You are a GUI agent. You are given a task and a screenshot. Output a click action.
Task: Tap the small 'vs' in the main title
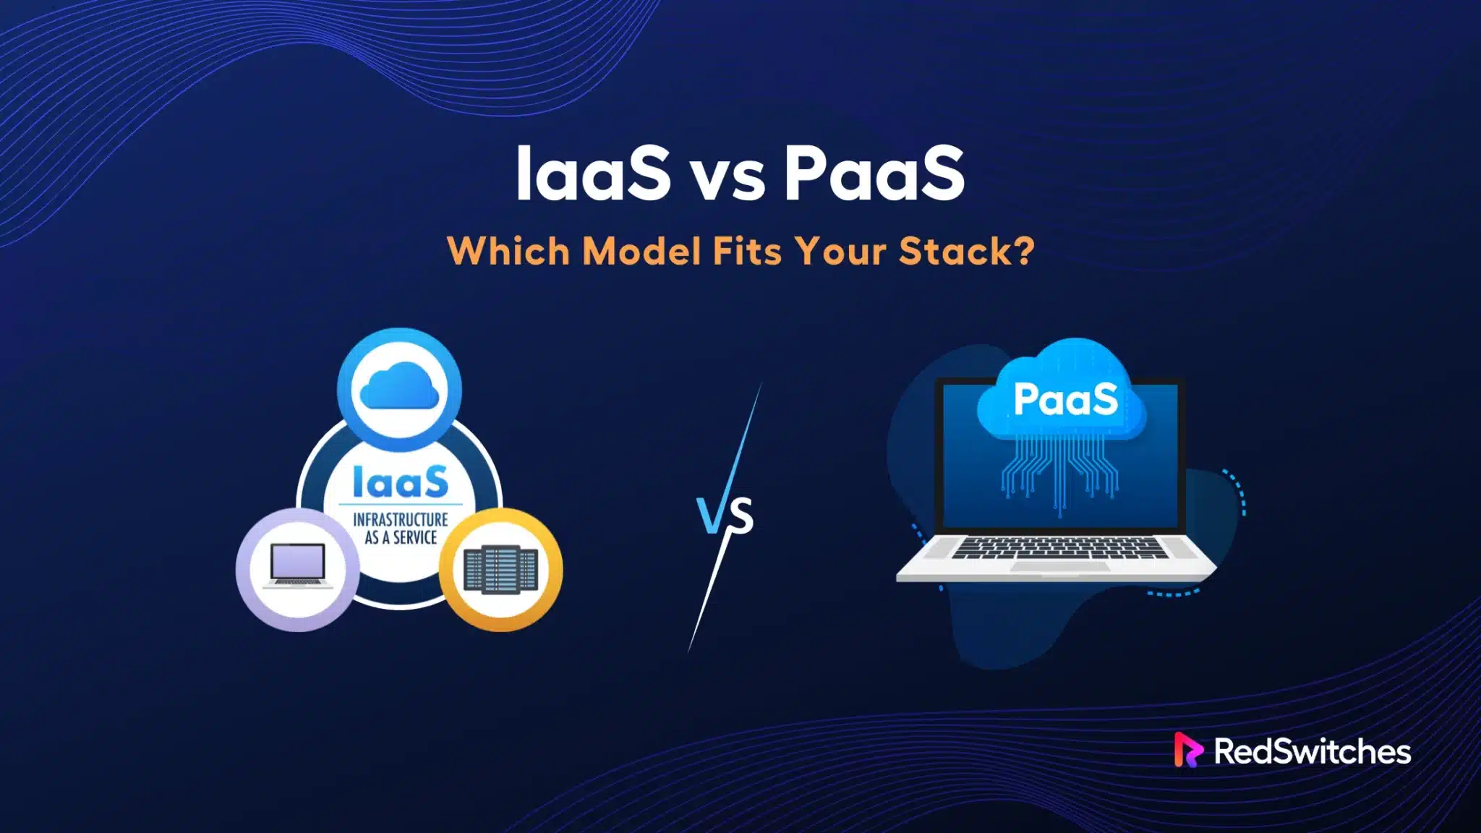pos(727,181)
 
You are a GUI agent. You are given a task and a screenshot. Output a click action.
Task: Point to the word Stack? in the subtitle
pos(966,252)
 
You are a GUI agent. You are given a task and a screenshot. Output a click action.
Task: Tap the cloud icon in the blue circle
pos(399,390)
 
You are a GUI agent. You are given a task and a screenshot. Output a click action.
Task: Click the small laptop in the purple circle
pos(297,566)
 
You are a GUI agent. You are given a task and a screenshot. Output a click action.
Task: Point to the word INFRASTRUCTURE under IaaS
pos(401,520)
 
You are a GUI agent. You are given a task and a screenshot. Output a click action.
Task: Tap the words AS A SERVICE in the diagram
pos(401,537)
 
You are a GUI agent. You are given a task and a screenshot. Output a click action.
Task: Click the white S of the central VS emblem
pos(740,516)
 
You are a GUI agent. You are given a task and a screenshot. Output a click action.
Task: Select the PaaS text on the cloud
pos(1065,399)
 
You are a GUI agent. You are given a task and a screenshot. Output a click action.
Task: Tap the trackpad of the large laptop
pos(1059,566)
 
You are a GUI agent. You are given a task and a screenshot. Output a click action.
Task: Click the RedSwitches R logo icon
pos(1187,750)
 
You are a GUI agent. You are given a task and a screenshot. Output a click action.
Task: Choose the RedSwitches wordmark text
pos(1312,751)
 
